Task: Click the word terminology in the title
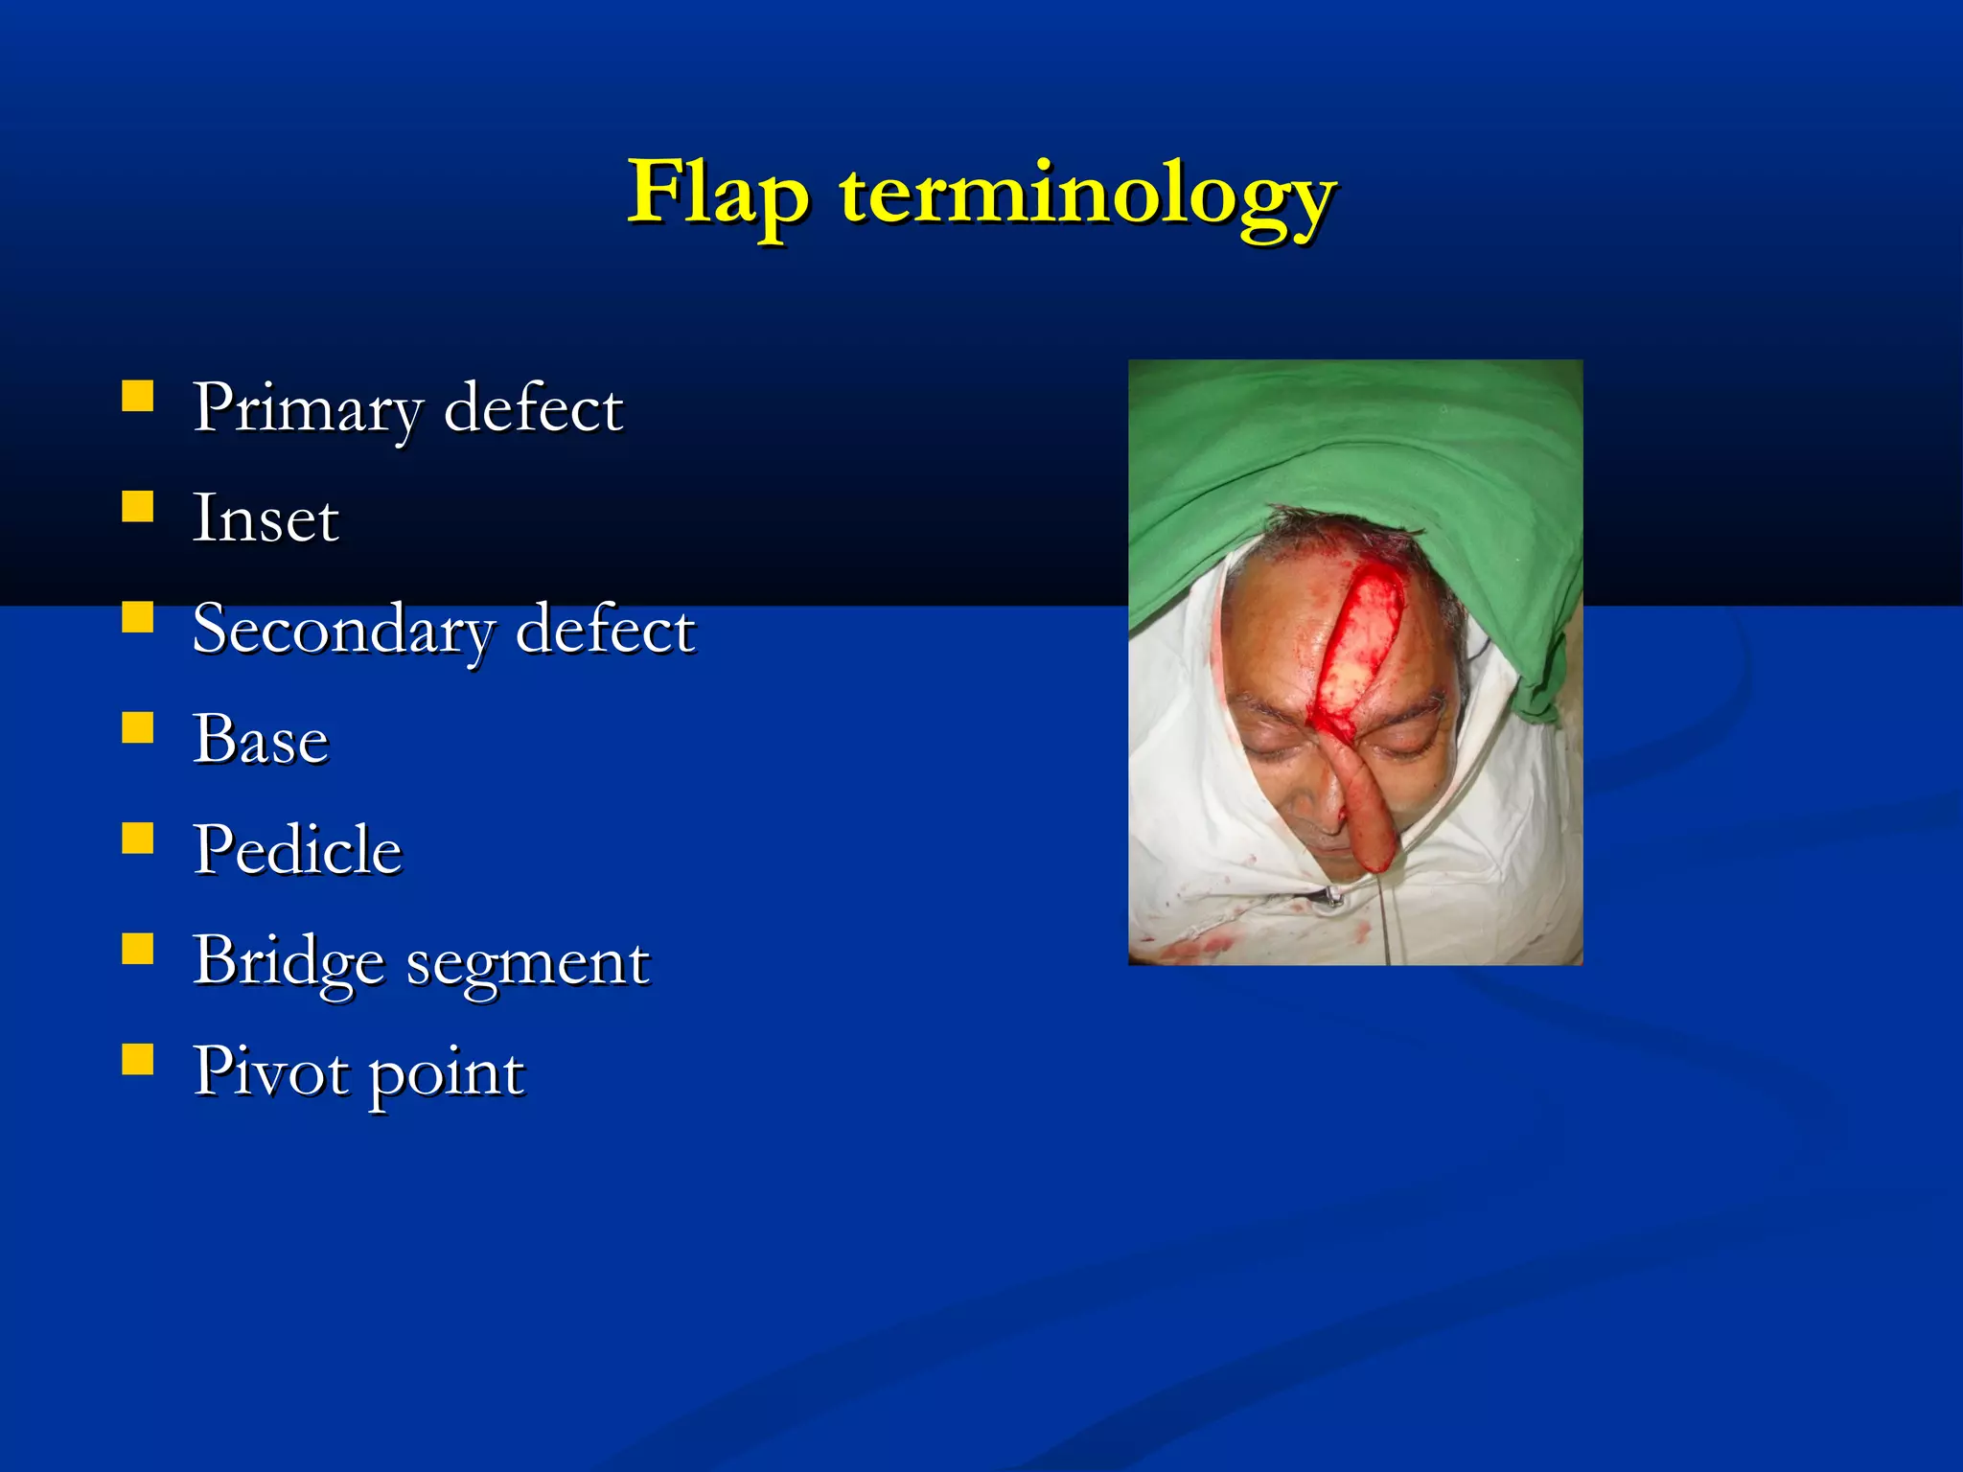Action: click(1088, 195)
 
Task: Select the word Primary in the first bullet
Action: click(307, 408)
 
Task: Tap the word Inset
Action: click(266, 518)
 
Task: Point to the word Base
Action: click(261, 740)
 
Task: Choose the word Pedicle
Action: click(297, 850)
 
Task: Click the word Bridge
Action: click(289, 961)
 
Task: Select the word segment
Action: click(528, 963)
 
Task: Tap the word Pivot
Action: click(271, 1071)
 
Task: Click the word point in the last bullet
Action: click(447, 1074)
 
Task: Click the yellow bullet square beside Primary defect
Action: click(138, 396)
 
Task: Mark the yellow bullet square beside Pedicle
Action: click(138, 838)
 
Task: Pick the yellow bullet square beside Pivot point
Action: click(138, 1059)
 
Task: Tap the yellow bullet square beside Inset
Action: click(138, 506)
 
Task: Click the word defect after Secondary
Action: click(605, 630)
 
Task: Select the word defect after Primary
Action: click(533, 408)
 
